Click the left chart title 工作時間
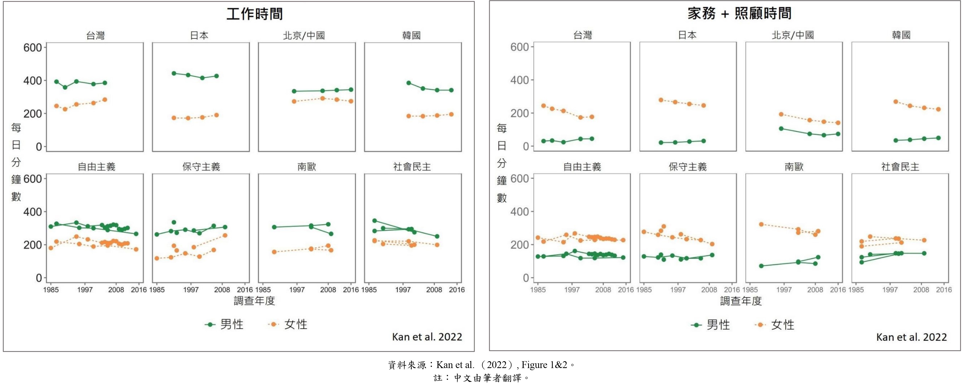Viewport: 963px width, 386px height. point(254,14)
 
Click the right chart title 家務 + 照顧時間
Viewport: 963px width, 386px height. point(739,14)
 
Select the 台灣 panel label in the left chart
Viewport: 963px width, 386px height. point(95,36)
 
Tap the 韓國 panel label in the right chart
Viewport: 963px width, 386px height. point(901,35)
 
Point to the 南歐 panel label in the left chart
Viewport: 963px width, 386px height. point(307,167)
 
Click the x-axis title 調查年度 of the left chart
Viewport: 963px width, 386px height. point(254,301)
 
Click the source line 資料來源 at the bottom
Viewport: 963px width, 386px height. point(481,365)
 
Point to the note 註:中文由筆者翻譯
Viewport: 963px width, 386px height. point(481,378)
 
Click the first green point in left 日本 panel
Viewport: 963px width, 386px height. point(174,73)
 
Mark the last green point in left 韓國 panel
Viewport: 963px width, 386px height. point(451,90)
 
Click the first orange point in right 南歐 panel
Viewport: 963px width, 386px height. point(761,224)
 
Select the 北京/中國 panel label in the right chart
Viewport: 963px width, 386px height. point(793,35)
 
